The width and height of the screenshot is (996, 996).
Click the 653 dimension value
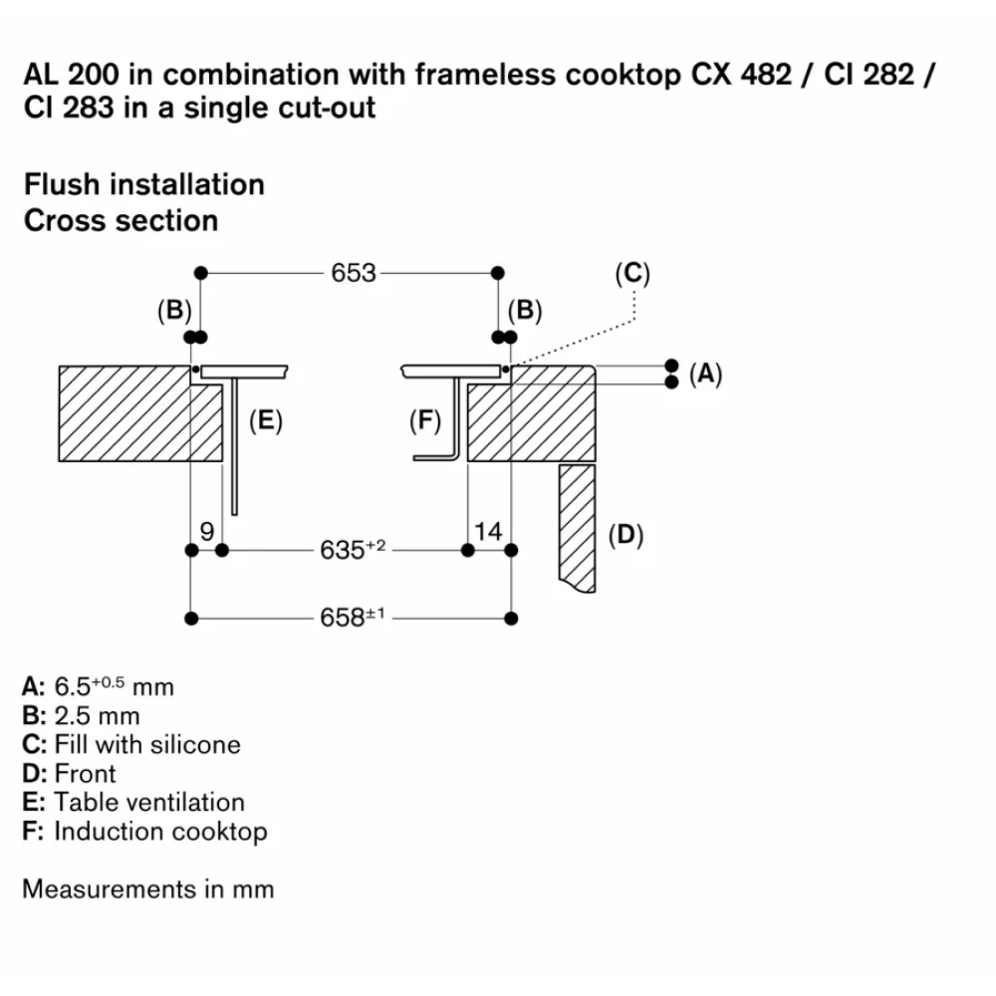click(354, 272)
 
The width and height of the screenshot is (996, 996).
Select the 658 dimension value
click(346, 619)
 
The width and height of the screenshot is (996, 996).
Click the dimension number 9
click(206, 532)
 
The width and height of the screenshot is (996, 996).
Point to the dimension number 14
click(488, 532)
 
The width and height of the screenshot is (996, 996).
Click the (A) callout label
click(705, 373)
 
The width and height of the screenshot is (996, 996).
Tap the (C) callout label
click(632, 274)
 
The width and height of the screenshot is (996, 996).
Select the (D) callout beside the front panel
click(625, 536)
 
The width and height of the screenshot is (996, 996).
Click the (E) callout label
click(264, 421)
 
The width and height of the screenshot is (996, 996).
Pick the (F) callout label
click(425, 421)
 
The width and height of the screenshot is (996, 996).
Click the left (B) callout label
click(174, 311)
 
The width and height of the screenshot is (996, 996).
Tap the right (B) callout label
click(524, 311)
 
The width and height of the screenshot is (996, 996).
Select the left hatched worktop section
click(139, 413)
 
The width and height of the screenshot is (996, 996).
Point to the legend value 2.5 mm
click(98, 715)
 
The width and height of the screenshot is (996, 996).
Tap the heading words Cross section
click(121, 220)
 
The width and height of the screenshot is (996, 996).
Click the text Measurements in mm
click(147, 888)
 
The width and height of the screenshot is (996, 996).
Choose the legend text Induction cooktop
click(160, 831)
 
